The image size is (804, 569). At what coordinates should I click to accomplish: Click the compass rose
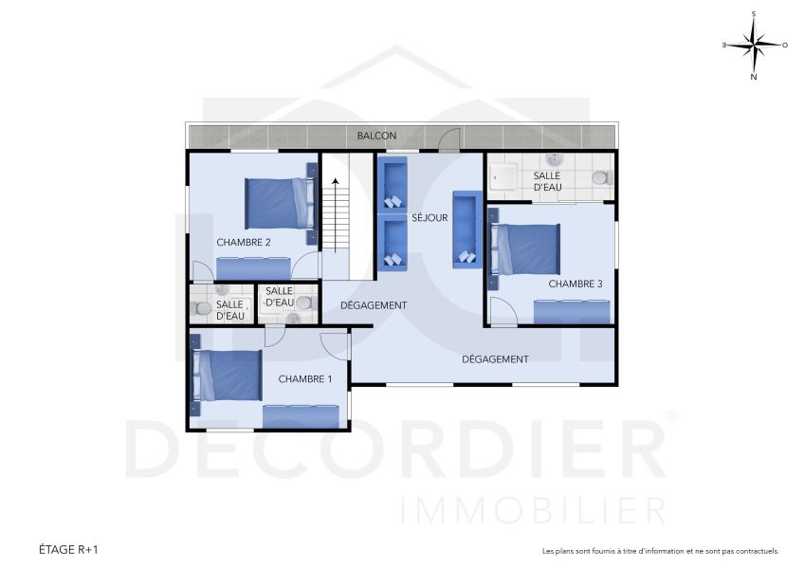click(754, 45)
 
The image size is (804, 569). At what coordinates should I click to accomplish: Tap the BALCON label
click(376, 136)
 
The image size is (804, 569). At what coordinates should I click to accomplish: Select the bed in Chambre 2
click(278, 202)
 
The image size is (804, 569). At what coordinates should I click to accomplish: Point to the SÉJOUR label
click(429, 218)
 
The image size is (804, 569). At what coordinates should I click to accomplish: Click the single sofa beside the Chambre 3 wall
click(466, 229)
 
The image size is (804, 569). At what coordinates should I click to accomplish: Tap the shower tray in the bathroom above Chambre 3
click(502, 177)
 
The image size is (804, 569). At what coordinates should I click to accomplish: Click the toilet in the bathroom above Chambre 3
click(599, 177)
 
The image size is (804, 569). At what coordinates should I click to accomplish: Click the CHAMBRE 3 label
click(575, 284)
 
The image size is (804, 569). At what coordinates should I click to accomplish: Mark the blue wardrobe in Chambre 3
click(571, 311)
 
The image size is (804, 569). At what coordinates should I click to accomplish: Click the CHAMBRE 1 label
click(304, 378)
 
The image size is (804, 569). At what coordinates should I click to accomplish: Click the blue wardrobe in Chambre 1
click(300, 415)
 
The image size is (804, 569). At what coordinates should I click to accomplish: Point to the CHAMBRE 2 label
click(244, 242)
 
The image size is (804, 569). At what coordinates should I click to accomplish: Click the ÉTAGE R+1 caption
click(68, 549)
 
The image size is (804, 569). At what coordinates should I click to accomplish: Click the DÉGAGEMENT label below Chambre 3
click(495, 359)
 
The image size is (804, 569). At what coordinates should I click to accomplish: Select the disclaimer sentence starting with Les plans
click(660, 551)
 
